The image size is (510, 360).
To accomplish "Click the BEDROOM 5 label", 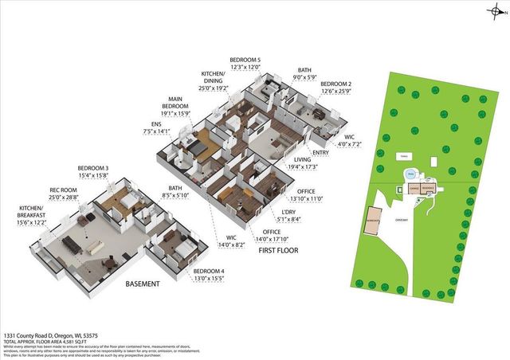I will tap(245, 61).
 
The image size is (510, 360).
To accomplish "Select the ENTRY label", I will tap(322, 152).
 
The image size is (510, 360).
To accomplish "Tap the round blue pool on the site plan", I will tap(410, 171).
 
